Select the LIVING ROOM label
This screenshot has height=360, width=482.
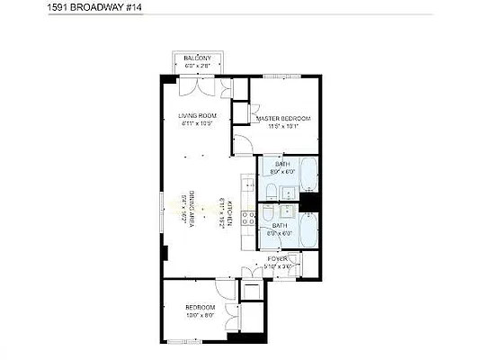coord(197,115)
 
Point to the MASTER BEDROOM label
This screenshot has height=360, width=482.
coord(283,119)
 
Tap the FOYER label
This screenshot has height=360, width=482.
coord(276,258)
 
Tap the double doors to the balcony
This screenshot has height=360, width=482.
coord(198,85)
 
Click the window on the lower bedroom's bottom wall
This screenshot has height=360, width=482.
coord(193,343)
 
